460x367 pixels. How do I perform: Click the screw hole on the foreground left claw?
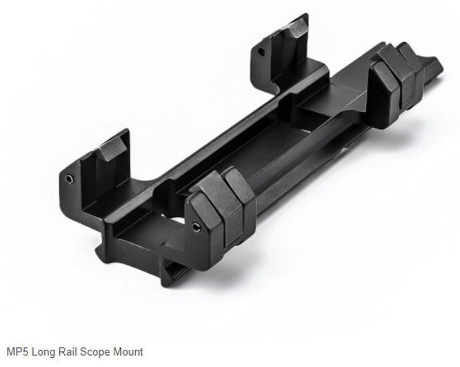pyautogui.click(x=70, y=178)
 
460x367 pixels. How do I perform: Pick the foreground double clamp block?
pyautogui.click(x=221, y=210)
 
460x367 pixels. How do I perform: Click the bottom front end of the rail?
pyautogui.click(x=172, y=276)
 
